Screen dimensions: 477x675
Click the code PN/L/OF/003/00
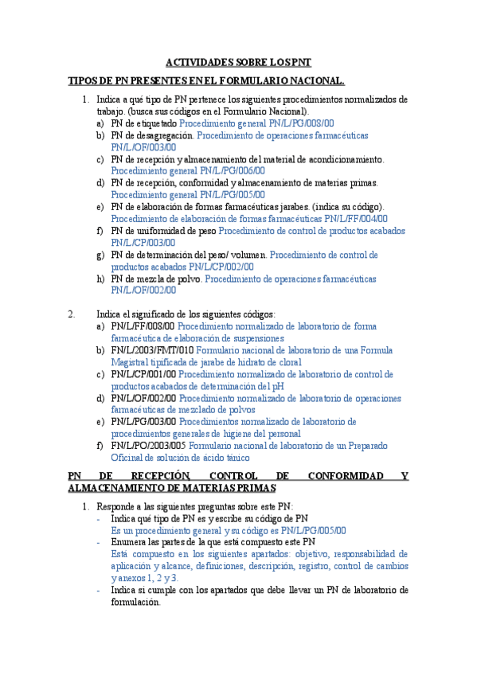[x=143, y=147]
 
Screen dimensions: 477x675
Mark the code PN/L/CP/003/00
[x=143, y=242]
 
